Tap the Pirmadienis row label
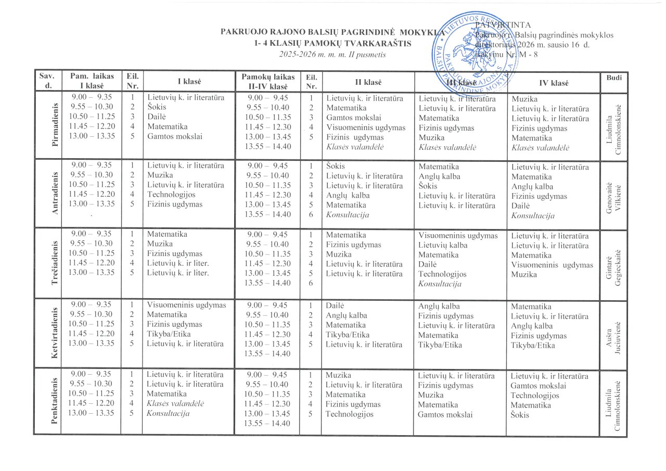pos(55,125)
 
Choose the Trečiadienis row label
pos(55,263)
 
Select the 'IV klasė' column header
pos(554,83)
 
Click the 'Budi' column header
pos(614,78)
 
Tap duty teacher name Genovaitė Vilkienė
pos(614,194)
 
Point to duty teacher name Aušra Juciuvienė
pos(614,333)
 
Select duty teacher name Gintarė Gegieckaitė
pos(614,263)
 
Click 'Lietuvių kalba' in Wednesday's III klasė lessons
pos(443,245)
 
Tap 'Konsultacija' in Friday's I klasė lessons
pos(168,414)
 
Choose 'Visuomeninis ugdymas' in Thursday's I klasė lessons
pos(186,305)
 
